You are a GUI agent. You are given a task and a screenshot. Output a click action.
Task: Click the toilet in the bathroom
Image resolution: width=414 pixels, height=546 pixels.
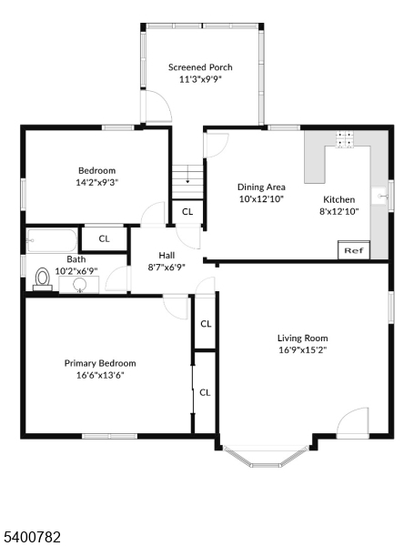(x=43, y=278)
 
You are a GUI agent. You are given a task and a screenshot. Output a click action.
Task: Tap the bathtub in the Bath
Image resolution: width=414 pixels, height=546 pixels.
(x=52, y=240)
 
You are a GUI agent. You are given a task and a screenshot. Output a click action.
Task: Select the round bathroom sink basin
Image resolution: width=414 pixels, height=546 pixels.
(x=80, y=285)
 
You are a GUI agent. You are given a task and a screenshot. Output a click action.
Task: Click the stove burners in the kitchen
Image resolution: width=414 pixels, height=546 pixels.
(x=344, y=139)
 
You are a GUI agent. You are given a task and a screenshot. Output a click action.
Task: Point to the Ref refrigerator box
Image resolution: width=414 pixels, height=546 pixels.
(x=354, y=250)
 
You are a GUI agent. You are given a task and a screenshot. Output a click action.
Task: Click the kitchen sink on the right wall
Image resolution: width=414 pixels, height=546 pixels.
(x=380, y=197)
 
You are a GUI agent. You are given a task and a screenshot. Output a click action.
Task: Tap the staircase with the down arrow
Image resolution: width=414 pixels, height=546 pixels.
(x=187, y=182)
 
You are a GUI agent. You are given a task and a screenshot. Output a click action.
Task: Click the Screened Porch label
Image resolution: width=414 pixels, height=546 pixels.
(x=200, y=67)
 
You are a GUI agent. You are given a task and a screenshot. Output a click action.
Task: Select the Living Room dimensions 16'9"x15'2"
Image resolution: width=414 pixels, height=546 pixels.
(x=303, y=350)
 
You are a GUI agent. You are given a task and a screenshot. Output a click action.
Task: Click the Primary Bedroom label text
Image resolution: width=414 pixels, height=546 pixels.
(x=100, y=363)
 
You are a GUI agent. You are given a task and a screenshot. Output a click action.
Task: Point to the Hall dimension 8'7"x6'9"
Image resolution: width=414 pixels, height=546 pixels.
(x=167, y=268)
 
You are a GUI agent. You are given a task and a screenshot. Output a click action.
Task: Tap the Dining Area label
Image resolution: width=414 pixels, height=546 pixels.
(x=261, y=187)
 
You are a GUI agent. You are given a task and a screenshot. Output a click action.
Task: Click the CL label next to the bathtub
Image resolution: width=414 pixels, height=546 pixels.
(x=104, y=238)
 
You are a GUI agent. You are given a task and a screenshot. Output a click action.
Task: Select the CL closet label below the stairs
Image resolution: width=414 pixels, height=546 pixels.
(x=187, y=212)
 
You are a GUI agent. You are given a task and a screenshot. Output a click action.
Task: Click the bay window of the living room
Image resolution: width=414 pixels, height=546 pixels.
(x=266, y=456)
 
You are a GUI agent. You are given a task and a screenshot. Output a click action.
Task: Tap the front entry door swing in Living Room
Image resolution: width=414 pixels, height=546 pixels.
(x=352, y=422)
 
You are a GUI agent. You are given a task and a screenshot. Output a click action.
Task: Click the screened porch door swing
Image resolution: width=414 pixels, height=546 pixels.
(x=157, y=106)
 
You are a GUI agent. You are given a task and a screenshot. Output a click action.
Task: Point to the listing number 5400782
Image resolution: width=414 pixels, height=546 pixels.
(x=32, y=537)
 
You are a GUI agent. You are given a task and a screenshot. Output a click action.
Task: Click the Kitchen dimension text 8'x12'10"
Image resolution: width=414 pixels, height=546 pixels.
(x=339, y=211)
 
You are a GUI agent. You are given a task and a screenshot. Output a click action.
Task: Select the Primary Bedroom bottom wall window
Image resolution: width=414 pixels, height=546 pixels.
(x=110, y=436)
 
